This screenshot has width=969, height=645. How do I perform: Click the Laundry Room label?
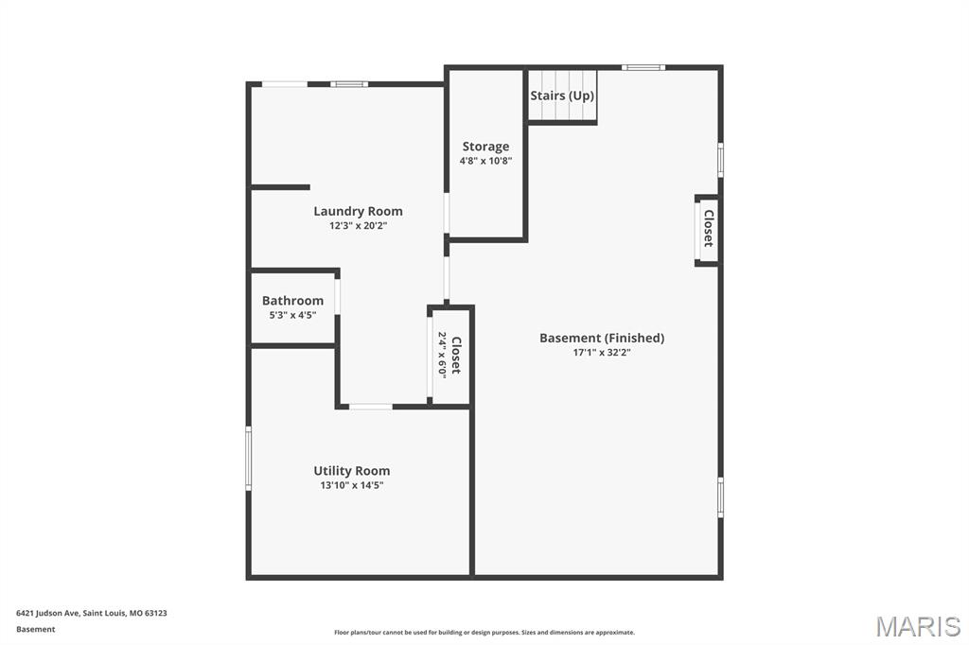point(358,211)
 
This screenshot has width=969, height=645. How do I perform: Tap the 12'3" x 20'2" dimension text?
point(358,226)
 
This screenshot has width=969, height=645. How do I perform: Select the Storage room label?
point(485,147)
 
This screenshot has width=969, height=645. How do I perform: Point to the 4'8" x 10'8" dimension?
point(485,161)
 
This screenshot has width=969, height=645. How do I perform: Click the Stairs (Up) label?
point(562,96)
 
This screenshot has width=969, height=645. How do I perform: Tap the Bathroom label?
point(292,301)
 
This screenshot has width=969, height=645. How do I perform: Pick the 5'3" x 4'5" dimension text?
point(292,315)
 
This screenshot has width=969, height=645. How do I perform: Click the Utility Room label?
point(351,470)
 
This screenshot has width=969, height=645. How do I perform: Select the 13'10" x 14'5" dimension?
point(351,485)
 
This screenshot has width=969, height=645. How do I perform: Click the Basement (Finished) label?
point(602,338)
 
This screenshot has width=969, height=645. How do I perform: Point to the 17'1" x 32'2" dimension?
point(602,353)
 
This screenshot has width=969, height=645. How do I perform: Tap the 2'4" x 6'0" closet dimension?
point(442,355)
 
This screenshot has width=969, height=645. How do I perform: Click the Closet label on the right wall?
point(708,228)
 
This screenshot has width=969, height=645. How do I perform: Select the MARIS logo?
point(918,626)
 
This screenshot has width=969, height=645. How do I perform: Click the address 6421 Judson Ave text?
point(92,613)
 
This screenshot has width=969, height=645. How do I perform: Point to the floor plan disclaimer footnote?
point(484,633)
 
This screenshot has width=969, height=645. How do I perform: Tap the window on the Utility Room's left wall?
point(249,458)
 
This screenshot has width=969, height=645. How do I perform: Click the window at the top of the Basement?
point(643,67)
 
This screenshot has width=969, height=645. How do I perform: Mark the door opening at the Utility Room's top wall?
point(371,407)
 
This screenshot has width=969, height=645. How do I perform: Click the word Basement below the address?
point(36,629)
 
